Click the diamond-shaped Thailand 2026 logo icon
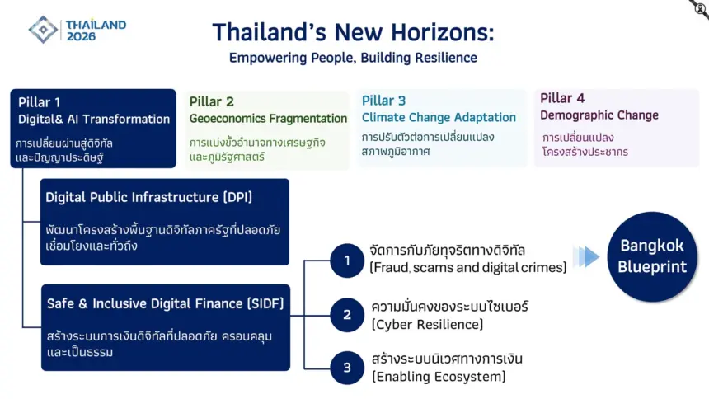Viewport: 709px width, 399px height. click(x=43, y=30)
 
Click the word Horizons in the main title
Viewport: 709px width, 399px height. click(x=442, y=33)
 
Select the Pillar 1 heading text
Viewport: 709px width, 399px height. click(x=40, y=102)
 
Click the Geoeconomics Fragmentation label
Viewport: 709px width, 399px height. click(x=268, y=119)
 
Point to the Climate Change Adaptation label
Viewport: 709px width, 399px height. click(x=439, y=118)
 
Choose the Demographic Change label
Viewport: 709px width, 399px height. click(x=599, y=115)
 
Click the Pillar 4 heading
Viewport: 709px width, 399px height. click(x=562, y=98)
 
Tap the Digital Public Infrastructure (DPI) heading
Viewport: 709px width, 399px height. click(x=148, y=197)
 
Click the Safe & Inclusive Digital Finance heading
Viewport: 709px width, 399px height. click(x=165, y=303)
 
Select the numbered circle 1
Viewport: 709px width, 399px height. click(x=347, y=261)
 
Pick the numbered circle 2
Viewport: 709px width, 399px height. click(x=347, y=315)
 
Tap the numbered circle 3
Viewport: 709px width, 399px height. click(x=347, y=368)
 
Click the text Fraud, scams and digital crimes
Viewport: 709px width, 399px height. click(x=468, y=267)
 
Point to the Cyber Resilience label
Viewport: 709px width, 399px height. click(x=427, y=324)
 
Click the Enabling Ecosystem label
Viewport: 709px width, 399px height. click(x=439, y=377)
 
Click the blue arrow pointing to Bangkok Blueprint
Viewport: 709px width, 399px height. click(x=586, y=257)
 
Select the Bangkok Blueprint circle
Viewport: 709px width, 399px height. click(x=652, y=256)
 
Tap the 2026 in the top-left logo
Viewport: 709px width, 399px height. click(x=81, y=36)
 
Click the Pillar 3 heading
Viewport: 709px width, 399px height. click(x=383, y=101)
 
